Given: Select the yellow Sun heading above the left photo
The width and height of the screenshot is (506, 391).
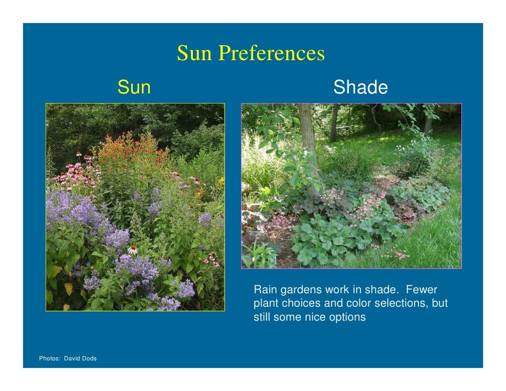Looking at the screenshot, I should click(134, 87).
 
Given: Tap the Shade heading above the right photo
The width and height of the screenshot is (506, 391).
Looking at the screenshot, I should click(360, 87).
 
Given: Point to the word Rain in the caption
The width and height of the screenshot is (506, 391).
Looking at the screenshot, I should click(265, 290).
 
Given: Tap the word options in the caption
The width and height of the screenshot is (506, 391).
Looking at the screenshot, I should click(347, 317).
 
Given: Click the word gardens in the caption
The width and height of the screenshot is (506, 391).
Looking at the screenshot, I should click(301, 290).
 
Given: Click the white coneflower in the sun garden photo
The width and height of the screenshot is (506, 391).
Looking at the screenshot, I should click(132, 249).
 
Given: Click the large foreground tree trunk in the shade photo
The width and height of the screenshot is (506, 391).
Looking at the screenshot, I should click(308, 140).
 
